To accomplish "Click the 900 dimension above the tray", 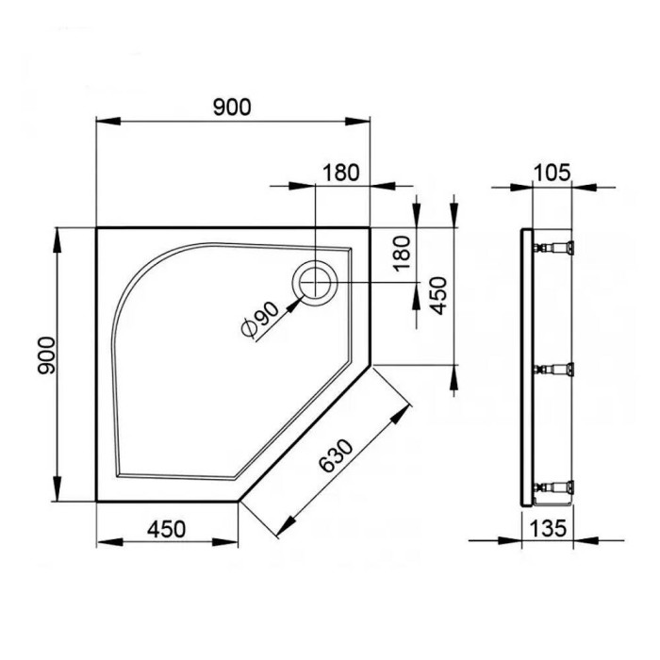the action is tap(232, 107).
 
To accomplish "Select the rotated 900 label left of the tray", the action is tap(46, 355).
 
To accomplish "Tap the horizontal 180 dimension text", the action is tap(341, 173).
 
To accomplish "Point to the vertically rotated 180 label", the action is tap(402, 254).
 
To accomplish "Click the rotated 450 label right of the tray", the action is tap(438, 295).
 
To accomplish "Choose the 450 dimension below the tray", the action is tap(166, 529).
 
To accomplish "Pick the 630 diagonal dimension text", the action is tap(336, 455).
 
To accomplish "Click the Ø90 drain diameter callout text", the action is tap(259, 320).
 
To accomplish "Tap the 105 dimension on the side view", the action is tap(552, 173).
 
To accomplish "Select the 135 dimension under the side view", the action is tap(548, 528).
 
